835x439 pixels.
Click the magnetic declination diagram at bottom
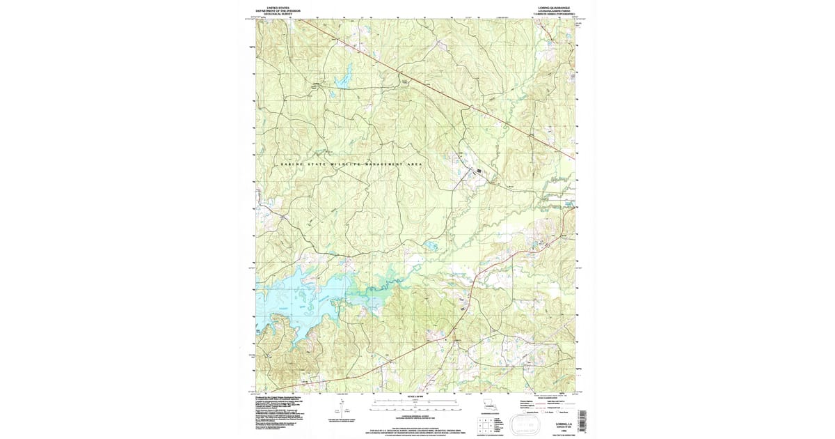coord(340,411)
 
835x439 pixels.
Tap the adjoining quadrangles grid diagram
coord(486,424)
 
